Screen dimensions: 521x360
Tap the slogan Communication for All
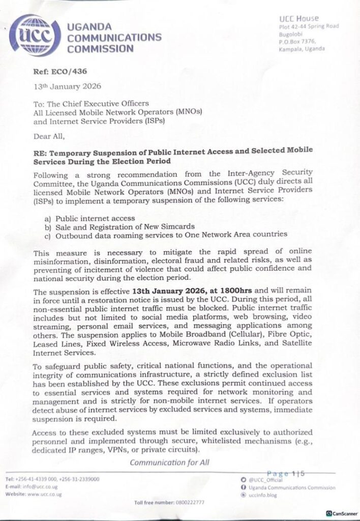(169, 462)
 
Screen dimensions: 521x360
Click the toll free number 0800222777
(169, 503)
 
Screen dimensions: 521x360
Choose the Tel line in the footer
(52, 479)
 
